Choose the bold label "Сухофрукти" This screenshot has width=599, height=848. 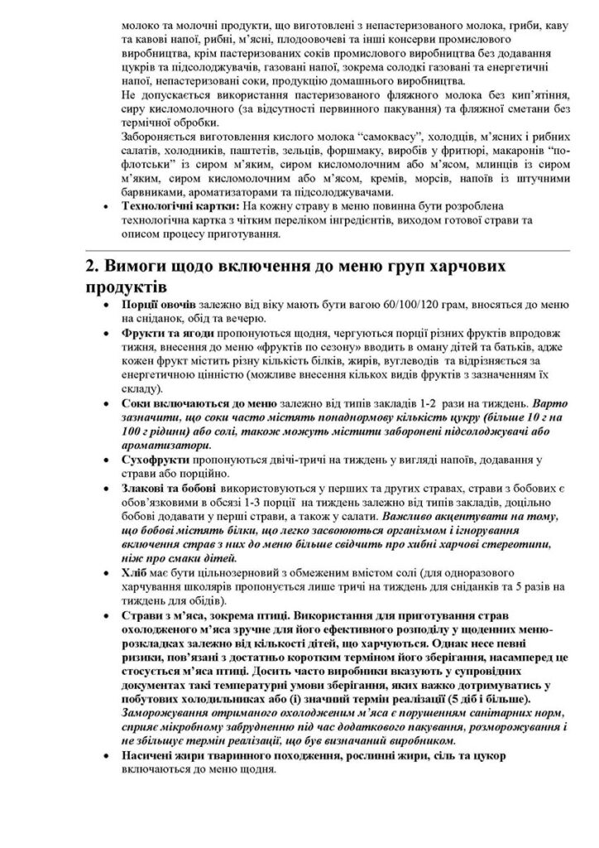(x=155, y=471)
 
